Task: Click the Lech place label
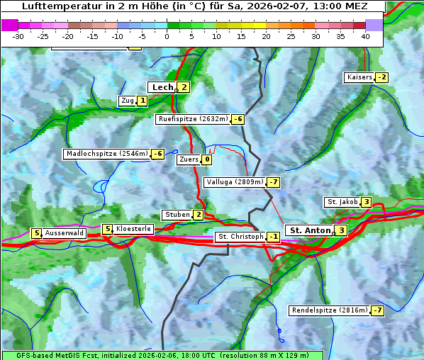pos(162,87)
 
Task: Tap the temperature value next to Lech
pos(184,87)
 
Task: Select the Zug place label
pos(128,101)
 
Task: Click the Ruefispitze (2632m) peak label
pos(193,119)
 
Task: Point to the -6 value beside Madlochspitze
pos(157,154)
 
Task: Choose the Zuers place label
pos(188,159)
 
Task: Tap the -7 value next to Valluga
pos(274,182)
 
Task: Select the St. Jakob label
pos(342,202)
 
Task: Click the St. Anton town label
pos(310,230)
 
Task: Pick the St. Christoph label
pos(240,236)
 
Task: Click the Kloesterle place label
pos(133,229)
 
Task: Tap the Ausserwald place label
pos(65,232)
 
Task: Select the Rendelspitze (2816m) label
pos(330,310)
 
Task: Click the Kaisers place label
pos(359,77)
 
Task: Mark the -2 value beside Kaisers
pos(382,77)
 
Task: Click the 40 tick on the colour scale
pos(365,36)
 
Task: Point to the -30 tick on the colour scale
pos(19,36)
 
